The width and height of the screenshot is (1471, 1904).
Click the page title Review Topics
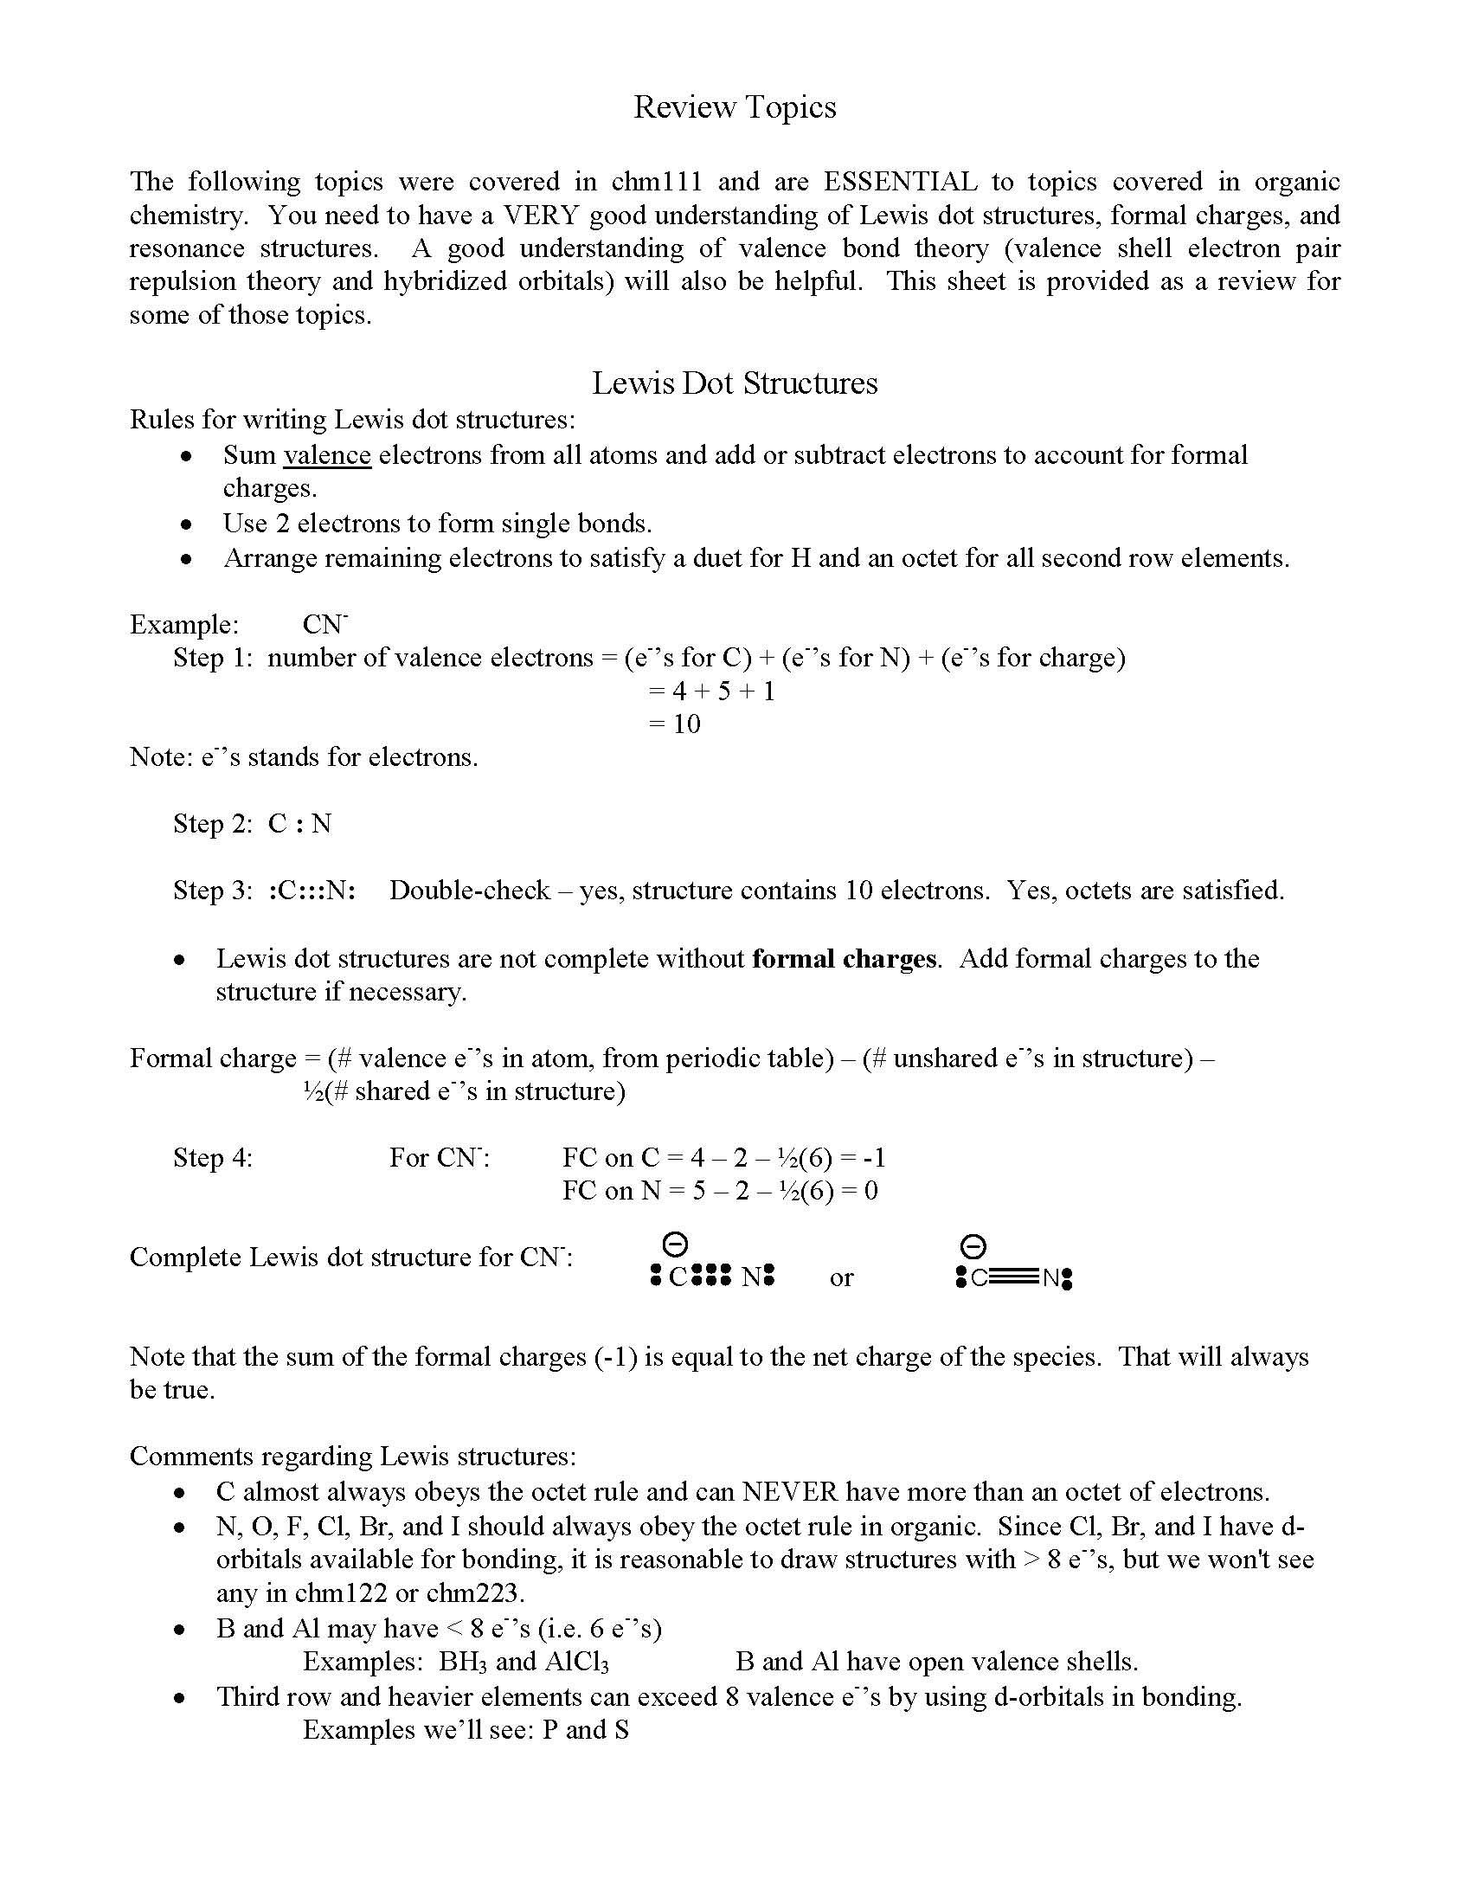pyautogui.click(x=734, y=107)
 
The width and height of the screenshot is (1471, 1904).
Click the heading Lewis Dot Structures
pyautogui.click(x=734, y=383)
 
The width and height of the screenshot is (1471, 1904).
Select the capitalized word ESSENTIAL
pyautogui.click(x=900, y=182)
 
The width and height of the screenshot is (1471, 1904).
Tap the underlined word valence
pyautogui.click(x=327, y=455)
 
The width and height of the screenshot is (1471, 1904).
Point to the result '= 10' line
pyautogui.click(x=675, y=724)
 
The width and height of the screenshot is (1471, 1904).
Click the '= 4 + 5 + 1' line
pyautogui.click(x=711, y=691)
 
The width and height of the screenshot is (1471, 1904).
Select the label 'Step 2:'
pyautogui.click(x=213, y=823)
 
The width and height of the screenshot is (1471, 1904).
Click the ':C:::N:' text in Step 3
pyautogui.click(x=312, y=890)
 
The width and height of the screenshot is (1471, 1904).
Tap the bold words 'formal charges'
pyautogui.click(x=845, y=958)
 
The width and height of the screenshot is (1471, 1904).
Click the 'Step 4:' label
pyautogui.click(x=213, y=1158)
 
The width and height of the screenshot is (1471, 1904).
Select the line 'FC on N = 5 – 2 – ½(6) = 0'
pyautogui.click(x=720, y=1191)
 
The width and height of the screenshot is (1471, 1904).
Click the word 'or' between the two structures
pyautogui.click(x=841, y=1278)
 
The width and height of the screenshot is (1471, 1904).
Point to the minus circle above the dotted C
pyautogui.click(x=675, y=1244)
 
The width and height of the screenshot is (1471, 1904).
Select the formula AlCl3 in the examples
pyautogui.click(x=576, y=1662)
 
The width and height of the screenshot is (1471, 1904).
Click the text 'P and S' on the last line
pyautogui.click(x=585, y=1730)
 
